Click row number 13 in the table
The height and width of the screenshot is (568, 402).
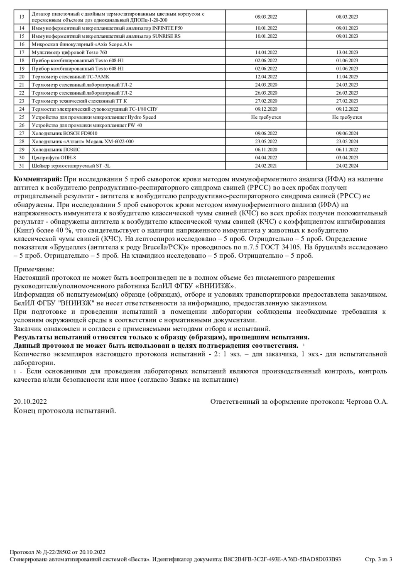(x=22, y=17)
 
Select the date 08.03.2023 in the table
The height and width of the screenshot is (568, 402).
(x=347, y=17)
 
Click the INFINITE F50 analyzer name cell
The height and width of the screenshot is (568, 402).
(x=107, y=28)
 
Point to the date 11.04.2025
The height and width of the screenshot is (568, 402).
(x=347, y=77)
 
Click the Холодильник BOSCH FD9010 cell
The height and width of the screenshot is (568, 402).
(x=64, y=134)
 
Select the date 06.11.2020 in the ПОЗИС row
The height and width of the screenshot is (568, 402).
(x=266, y=150)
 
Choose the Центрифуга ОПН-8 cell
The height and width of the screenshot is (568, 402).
(x=54, y=158)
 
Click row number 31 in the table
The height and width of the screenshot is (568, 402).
(x=22, y=166)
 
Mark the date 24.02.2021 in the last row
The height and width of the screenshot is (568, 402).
(x=266, y=166)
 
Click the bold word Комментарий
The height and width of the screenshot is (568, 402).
(x=38, y=180)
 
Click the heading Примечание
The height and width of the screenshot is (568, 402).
(x=34, y=269)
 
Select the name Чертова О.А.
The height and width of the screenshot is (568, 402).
(x=367, y=402)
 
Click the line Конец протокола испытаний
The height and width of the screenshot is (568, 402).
(x=65, y=411)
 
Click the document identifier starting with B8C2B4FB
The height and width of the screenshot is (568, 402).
(x=282, y=559)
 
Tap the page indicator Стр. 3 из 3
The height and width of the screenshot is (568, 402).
(x=378, y=559)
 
